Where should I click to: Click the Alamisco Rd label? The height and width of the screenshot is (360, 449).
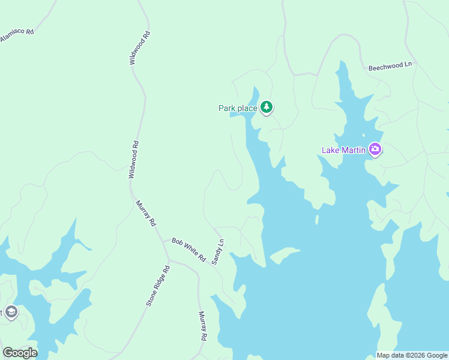tap(16, 34)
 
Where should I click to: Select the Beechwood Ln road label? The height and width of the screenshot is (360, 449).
tap(390, 64)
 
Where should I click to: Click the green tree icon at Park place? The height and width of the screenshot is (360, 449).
tap(267, 108)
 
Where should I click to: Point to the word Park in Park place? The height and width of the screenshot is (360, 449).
tap(226, 109)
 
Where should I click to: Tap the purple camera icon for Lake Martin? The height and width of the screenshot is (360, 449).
tap(375, 149)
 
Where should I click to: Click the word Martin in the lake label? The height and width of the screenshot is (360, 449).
tap(353, 150)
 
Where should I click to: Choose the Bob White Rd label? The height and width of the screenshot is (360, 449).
tap(188, 250)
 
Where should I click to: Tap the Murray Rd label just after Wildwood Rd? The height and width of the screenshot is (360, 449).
tap(146, 213)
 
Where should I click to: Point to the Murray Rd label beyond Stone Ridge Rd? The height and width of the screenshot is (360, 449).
tap(202, 326)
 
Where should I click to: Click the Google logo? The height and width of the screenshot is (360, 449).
tap(20, 353)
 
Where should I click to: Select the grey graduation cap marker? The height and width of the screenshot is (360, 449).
tap(11, 312)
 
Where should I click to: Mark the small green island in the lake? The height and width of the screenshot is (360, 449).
tap(285, 255)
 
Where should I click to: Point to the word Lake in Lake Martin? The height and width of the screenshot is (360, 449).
tap(331, 150)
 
